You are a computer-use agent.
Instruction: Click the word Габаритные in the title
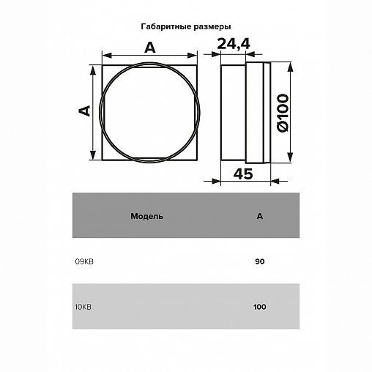tap(166, 26)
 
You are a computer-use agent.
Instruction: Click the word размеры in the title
tap(212, 27)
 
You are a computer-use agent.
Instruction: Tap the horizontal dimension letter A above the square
tap(149, 48)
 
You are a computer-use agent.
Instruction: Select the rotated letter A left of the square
tap(85, 111)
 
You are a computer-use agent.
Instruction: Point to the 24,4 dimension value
tap(234, 44)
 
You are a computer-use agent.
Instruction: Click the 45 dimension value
tap(243, 174)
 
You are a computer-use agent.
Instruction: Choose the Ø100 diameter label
tap(283, 113)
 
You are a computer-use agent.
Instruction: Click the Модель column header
tap(146, 216)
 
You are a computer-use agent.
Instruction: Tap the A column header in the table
tap(260, 216)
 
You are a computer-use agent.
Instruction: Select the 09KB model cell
tap(84, 261)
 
